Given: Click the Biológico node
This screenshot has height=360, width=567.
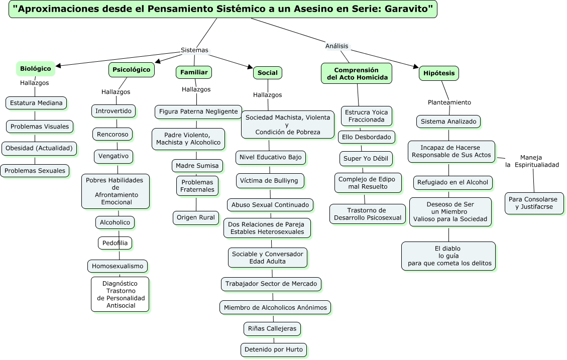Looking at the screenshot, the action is [x=36, y=69].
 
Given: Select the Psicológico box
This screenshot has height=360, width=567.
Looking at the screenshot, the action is [x=131, y=70].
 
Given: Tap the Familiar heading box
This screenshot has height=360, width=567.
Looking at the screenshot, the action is [x=194, y=72].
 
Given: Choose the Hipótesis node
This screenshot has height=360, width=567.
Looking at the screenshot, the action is [x=439, y=73].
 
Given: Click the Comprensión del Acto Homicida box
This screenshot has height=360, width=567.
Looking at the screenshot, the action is [x=357, y=74].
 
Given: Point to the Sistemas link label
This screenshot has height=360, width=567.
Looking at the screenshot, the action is [x=194, y=50].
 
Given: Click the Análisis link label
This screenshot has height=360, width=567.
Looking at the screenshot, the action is [x=336, y=46].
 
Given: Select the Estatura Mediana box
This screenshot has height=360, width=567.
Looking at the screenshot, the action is [x=36, y=103].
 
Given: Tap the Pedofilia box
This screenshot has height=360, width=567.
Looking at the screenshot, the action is [x=115, y=243].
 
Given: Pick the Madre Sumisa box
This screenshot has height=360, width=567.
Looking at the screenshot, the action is [x=197, y=166].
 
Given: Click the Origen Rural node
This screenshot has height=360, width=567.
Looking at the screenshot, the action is [x=196, y=217].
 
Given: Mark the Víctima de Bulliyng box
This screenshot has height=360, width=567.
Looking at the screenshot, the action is [x=270, y=181].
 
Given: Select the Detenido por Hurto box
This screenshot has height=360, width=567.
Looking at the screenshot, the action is [x=274, y=349].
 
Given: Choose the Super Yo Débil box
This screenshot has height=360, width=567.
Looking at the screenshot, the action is [x=366, y=159].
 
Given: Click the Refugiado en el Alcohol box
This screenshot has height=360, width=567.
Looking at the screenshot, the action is [x=452, y=183].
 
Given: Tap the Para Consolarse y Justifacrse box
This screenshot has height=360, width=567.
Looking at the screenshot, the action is [x=534, y=203].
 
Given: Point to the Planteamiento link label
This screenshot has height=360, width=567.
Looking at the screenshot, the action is [x=449, y=102].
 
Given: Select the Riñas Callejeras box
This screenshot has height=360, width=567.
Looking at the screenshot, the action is [x=272, y=329].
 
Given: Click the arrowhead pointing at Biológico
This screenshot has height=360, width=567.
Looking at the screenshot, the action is [x=59, y=65].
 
